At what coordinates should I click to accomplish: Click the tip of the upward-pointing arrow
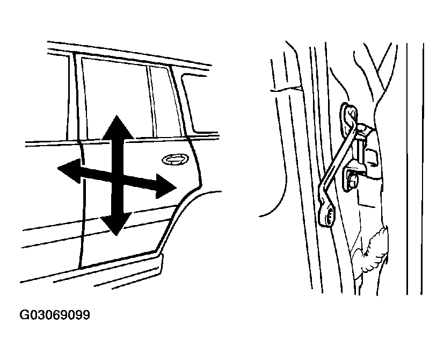coord(117,116)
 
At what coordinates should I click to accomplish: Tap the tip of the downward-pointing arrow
coord(115,235)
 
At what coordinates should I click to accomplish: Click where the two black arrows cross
coord(117,177)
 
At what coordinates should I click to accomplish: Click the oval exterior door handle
coord(175,159)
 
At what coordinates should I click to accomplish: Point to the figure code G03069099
coord(54,315)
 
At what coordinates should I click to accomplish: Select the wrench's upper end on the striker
coord(350,112)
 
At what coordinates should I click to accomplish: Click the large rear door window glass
coord(116,99)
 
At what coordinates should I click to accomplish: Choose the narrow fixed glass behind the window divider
coord(166,102)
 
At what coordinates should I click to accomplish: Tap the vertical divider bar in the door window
coord(152,101)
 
